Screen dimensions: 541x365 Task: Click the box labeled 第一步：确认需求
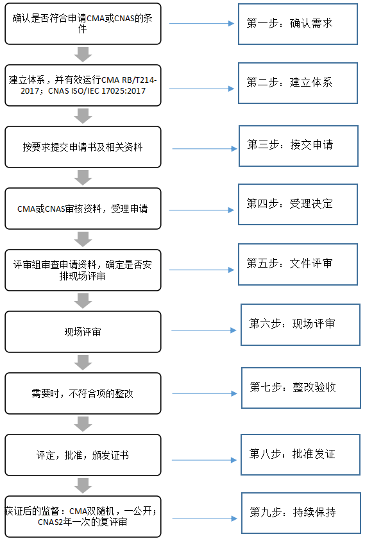(x=298, y=24)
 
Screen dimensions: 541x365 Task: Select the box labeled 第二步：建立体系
(x=298, y=83)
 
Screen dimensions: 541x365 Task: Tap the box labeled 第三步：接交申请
(x=298, y=145)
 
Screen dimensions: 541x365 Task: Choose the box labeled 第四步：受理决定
(x=298, y=204)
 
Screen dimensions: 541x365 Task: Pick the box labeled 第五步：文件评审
(x=298, y=264)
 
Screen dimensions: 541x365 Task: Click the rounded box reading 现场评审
(x=83, y=332)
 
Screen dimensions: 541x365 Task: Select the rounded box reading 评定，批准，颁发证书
(x=83, y=455)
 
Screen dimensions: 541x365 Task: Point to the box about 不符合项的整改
(x=83, y=393)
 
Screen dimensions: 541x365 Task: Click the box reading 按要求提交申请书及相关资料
(x=83, y=147)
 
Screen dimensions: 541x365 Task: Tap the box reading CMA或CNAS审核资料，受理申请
(x=83, y=209)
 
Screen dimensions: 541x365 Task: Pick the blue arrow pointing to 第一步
(x=202, y=24)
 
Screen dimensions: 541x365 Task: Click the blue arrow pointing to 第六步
(x=204, y=331)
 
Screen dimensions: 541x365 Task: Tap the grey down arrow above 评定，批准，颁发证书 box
(x=83, y=424)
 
